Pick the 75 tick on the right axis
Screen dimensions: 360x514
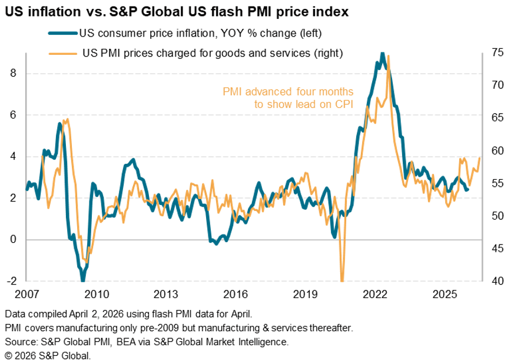(x=498, y=53)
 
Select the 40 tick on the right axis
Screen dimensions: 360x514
(x=498, y=281)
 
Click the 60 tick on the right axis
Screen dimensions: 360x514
(x=498, y=151)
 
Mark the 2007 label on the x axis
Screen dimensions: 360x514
(x=27, y=293)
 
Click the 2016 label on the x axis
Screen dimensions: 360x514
(x=236, y=293)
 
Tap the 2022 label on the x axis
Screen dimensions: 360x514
(x=375, y=293)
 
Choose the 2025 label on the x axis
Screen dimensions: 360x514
(x=445, y=293)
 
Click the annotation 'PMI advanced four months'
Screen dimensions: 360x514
(x=288, y=92)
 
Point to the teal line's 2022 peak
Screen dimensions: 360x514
(x=383, y=54)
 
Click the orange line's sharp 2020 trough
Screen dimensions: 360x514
(x=342, y=279)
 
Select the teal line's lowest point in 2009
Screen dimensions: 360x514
(x=83, y=279)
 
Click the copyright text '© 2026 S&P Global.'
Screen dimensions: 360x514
(x=47, y=355)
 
